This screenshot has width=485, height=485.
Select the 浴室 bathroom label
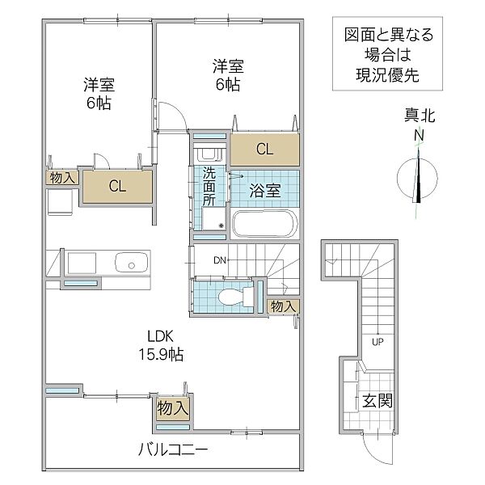[x=265, y=191]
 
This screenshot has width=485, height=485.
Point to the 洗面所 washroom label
[x=209, y=185]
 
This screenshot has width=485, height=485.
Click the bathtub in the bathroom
[x=265, y=223]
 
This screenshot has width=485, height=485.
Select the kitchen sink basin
[x=129, y=263]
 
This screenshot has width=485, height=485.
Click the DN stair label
[x=220, y=260]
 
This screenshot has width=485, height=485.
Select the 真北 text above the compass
[x=420, y=117]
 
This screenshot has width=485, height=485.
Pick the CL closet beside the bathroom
[x=265, y=148]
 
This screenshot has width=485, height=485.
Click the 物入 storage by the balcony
[x=173, y=408]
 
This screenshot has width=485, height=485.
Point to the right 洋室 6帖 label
[x=229, y=74]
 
